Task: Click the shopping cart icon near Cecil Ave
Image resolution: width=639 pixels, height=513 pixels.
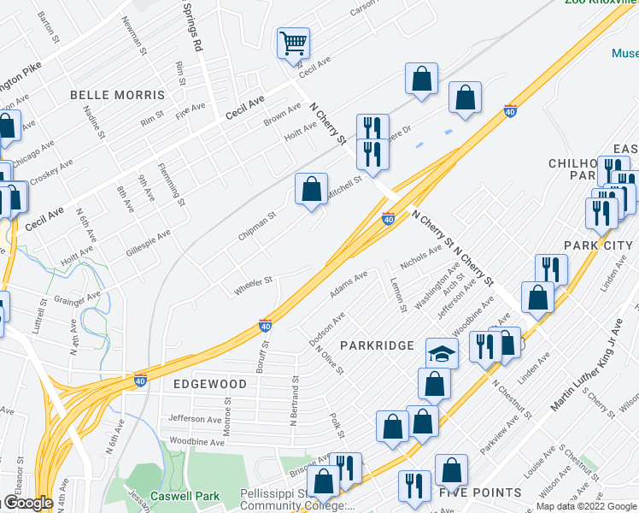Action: [x=292, y=41]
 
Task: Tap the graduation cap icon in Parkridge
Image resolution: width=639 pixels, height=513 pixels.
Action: [x=442, y=353]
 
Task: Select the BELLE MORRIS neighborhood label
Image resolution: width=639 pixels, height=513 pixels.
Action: [x=117, y=94]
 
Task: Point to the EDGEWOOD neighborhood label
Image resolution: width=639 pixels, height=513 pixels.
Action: [x=210, y=384]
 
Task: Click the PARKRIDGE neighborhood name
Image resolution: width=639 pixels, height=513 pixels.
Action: [x=377, y=345]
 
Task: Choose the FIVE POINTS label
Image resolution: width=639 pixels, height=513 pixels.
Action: [x=480, y=492]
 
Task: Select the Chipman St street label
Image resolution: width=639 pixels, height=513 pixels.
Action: [x=257, y=227]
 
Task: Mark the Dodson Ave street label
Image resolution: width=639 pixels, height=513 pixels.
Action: [x=326, y=329]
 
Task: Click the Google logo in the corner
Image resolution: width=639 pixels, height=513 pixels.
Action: [x=28, y=503]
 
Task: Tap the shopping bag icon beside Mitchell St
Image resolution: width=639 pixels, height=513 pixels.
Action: [x=312, y=188]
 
